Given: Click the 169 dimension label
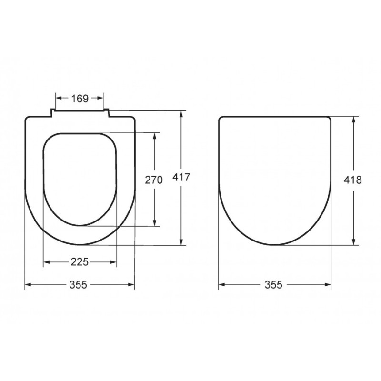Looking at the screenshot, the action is pos(80,99).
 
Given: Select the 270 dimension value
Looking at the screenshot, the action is pos(154,180).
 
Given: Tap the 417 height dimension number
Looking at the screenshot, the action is pos(181,177).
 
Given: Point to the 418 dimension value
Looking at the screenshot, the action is pos(353,180).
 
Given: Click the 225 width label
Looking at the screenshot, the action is pos(80,262).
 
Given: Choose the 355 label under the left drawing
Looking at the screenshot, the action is pos(78,284).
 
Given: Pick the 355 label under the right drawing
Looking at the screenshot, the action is pos(273,284).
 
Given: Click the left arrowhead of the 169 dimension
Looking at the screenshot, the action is pos(59,98).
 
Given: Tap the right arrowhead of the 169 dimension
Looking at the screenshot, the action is pos(100,98).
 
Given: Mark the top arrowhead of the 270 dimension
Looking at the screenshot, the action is pos(154,136).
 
